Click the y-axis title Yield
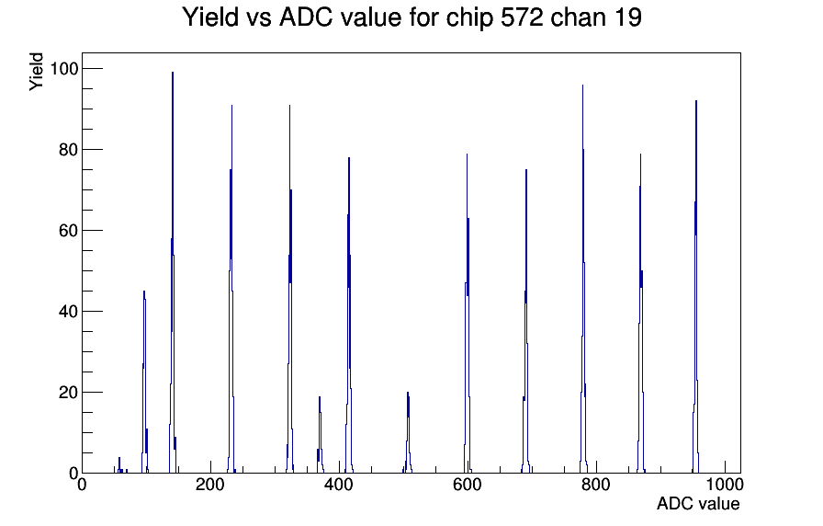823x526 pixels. click(36, 72)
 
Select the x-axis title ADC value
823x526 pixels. click(698, 503)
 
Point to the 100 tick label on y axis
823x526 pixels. click(63, 68)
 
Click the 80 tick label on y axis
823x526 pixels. click(69, 149)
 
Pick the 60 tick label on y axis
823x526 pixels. click(69, 230)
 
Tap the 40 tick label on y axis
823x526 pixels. click(69, 311)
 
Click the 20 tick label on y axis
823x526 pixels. click(69, 392)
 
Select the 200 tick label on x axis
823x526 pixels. click(210, 485)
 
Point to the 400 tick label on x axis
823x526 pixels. click(339, 485)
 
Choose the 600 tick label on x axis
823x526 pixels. click(468, 485)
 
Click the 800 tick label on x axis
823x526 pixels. click(596, 485)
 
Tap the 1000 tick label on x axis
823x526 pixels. click(725, 485)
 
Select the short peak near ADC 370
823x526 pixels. click(319, 435)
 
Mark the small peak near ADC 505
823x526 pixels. click(408, 432)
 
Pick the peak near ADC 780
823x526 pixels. click(582, 279)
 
